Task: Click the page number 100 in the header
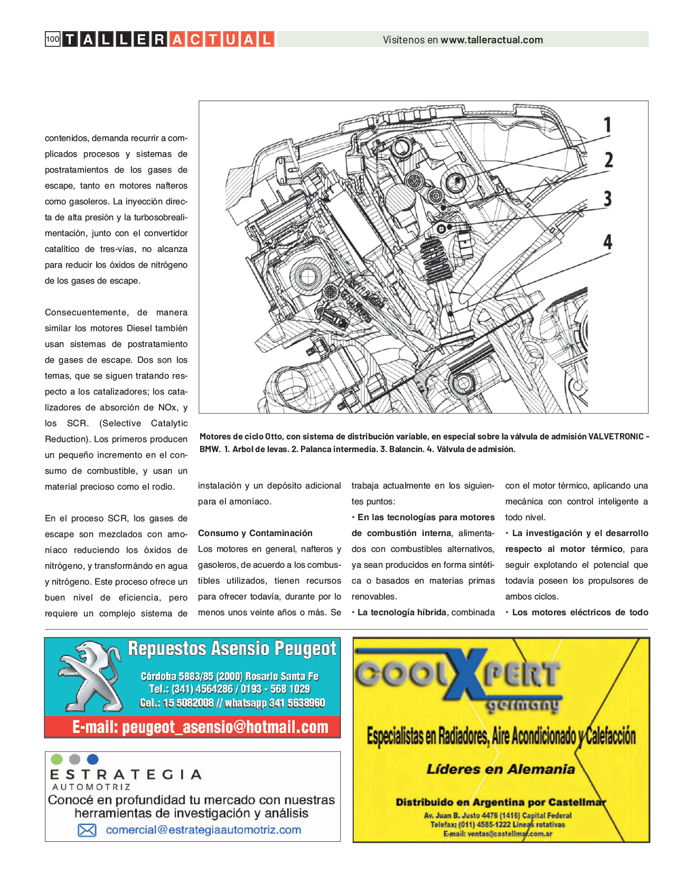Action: click(x=53, y=39)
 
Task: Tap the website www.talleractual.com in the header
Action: click(x=492, y=40)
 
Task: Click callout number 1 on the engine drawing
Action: click(x=608, y=125)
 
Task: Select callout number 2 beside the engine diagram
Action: click(x=608, y=159)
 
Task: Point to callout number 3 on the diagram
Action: click(x=608, y=199)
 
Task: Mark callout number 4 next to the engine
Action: click(x=608, y=242)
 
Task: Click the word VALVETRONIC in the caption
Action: click(x=616, y=436)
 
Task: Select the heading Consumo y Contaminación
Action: click(x=255, y=533)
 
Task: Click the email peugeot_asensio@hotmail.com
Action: click(x=200, y=727)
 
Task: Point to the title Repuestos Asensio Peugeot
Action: click(x=232, y=648)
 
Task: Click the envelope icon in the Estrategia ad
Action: click(x=87, y=830)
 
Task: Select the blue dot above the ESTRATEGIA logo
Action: click(x=92, y=759)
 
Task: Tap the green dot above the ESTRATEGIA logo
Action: click(x=57, y=759)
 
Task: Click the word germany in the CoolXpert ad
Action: click(x=523, y=706)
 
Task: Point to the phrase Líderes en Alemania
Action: click(x=501, y=769)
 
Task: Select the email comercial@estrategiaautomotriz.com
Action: click(x=203, y=830)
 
